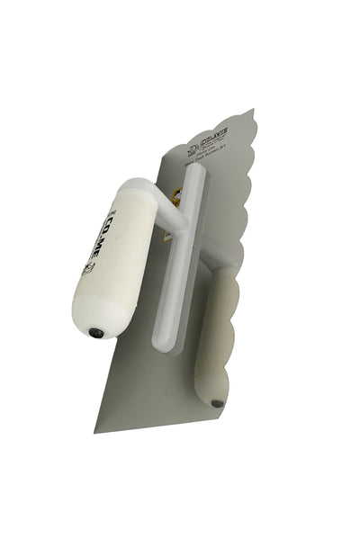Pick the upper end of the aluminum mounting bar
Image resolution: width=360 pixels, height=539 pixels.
tap(201, 171)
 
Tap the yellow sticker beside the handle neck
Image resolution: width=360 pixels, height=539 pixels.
tap(176, 195)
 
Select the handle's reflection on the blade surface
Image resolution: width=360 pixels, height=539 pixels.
tap(216, 333)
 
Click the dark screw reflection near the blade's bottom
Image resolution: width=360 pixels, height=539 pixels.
tap(217, 402)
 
